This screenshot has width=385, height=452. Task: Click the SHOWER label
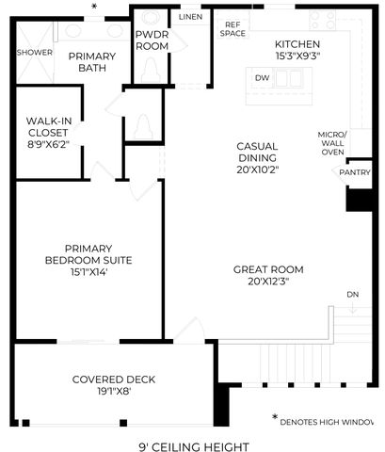[x=35, y=53]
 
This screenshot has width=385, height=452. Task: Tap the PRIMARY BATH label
[x=92, y=62]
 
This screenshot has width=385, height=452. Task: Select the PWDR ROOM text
[x=152, y=40]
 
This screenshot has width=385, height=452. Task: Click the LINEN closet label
[x=190, y=17]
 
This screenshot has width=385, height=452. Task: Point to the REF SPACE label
[x=233, y=29]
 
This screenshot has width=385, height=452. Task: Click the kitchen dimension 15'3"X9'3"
[x=297, y=56]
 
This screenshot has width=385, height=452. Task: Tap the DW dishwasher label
[x=262, y=78]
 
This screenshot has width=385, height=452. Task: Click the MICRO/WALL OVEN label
[x=332, y=143]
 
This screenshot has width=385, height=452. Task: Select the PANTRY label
[x=355, y=172]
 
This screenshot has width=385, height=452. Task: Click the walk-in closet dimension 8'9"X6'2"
[x=48, y=144]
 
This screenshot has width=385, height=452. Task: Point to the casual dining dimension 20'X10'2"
[x=258, y=169]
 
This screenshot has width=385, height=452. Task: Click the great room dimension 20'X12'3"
[x=268, y=282]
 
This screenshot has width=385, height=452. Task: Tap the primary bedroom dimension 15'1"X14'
[x=88, y=272]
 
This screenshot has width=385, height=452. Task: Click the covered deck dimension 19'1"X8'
[x=114, y=392]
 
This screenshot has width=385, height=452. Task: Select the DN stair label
[x=353, y=295]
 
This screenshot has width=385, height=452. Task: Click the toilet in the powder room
[x=152, y=70]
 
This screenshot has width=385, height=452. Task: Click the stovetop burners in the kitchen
[x=322, y=20]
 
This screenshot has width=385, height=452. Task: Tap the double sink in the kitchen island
[x=289, y=78]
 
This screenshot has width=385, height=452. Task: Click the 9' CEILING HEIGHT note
[x=194, y=446]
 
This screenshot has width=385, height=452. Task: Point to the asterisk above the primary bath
[x=94, y=6]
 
